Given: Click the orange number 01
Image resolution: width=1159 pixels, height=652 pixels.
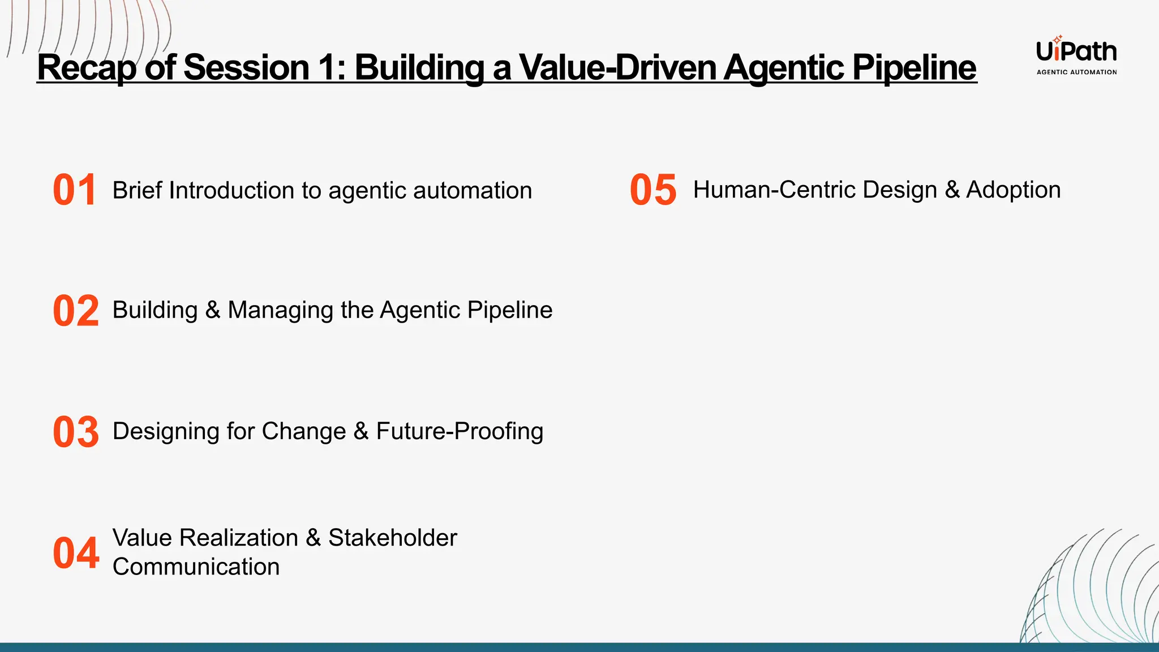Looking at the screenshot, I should coord(74,190).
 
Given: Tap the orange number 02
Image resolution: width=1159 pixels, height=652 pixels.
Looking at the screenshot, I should coord(76,311).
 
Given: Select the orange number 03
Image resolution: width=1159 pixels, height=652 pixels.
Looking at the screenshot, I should coord(76,432).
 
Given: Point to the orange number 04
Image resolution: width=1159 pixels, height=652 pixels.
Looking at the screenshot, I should coord(76,553).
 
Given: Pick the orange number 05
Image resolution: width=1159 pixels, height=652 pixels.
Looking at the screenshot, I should coord(653,190).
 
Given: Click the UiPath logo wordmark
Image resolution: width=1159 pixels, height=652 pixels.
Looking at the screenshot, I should coord(1076,51).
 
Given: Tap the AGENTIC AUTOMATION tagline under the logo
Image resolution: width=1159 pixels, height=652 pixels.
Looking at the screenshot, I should coord(1076,72).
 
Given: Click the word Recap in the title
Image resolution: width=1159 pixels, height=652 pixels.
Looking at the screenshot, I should coord(87,67).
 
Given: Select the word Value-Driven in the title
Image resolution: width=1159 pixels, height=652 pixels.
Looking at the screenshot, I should coord(618,67).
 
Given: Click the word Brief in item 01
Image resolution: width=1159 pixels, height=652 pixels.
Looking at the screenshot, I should coord(138,190).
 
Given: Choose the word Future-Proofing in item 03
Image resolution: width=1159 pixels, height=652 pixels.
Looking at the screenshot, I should coord(460,431).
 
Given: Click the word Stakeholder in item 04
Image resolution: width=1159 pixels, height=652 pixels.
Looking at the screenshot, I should coord(392,538).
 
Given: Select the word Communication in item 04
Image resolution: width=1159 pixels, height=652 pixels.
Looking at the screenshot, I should coord(196,567).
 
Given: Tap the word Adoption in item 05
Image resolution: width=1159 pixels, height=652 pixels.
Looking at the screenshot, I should coord(1013,190).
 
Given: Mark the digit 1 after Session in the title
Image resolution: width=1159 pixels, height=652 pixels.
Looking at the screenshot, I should coord(328,67).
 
